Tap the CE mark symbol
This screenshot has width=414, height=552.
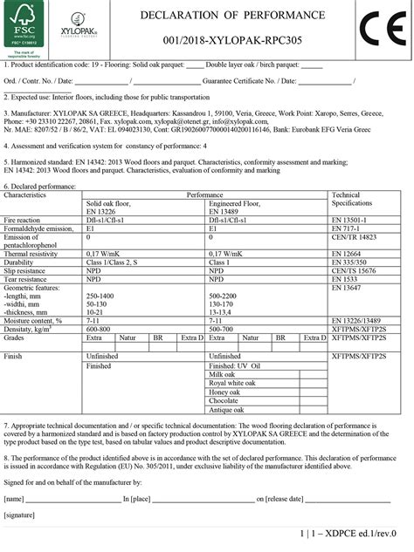tap(382, 29)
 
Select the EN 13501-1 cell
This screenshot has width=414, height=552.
tap(348, 220)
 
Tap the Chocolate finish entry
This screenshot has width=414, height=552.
tap(224, 400)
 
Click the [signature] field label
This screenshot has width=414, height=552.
tap(20, 516)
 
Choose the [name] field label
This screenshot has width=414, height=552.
tap(14, 499)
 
